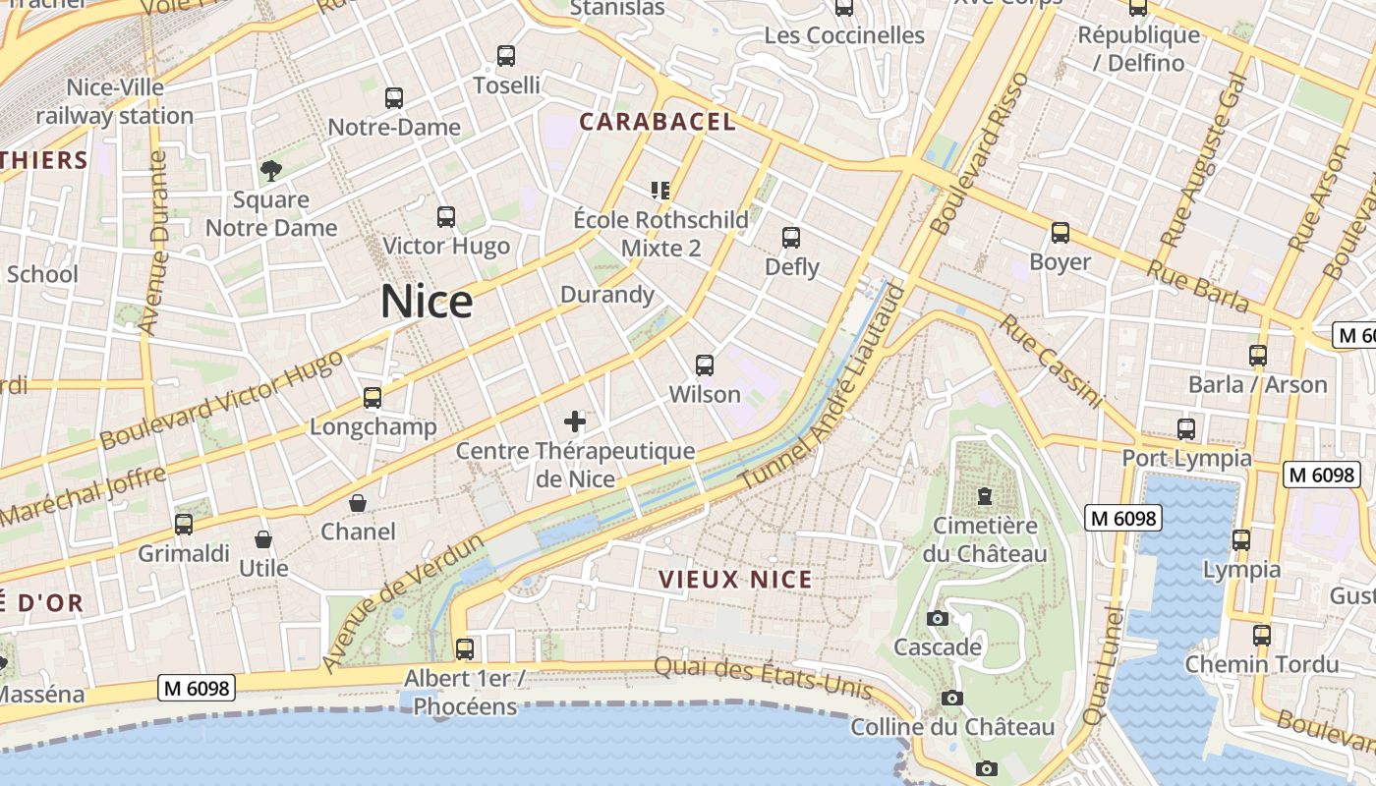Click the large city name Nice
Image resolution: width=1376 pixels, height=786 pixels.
point(427,302)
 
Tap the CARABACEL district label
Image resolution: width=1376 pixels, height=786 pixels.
point(657,122)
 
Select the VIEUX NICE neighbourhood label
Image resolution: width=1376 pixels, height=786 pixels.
point(736,580)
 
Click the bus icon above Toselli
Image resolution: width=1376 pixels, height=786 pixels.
point(506,56)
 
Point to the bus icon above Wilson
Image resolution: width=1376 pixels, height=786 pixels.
point(705,365)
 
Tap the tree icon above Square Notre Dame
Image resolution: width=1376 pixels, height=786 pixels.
point(271,171)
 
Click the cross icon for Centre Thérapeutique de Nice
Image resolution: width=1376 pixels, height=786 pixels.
point(575,422)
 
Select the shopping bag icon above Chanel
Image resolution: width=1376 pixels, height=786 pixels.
point(359,503)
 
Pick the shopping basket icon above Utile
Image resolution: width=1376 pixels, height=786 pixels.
point(263,539)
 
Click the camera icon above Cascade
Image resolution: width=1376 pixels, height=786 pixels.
point(938,618)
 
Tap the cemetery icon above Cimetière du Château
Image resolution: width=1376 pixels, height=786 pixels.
point(985,496)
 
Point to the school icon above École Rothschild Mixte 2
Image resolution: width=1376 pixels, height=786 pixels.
point(660,190)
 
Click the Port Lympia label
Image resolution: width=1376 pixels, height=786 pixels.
point(1187,458)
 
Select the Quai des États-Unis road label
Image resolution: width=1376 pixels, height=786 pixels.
point(763,678)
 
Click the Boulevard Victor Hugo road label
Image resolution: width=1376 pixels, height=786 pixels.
point(221,399)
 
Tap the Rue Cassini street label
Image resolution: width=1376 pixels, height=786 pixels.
point(1051,362)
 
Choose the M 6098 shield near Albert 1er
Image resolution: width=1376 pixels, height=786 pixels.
point(197,689)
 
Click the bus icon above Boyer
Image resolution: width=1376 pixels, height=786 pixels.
point(1061,233)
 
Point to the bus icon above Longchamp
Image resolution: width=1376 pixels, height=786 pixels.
point(373,398)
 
